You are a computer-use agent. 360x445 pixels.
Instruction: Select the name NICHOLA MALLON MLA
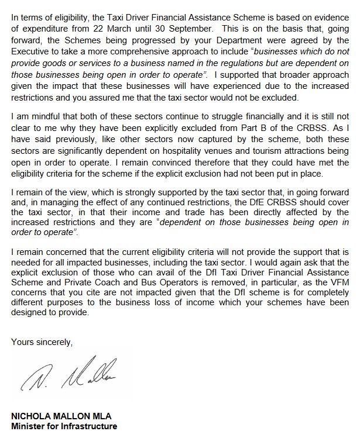coord(61,416)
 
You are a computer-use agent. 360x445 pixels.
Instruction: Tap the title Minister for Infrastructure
coord(64,426)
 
